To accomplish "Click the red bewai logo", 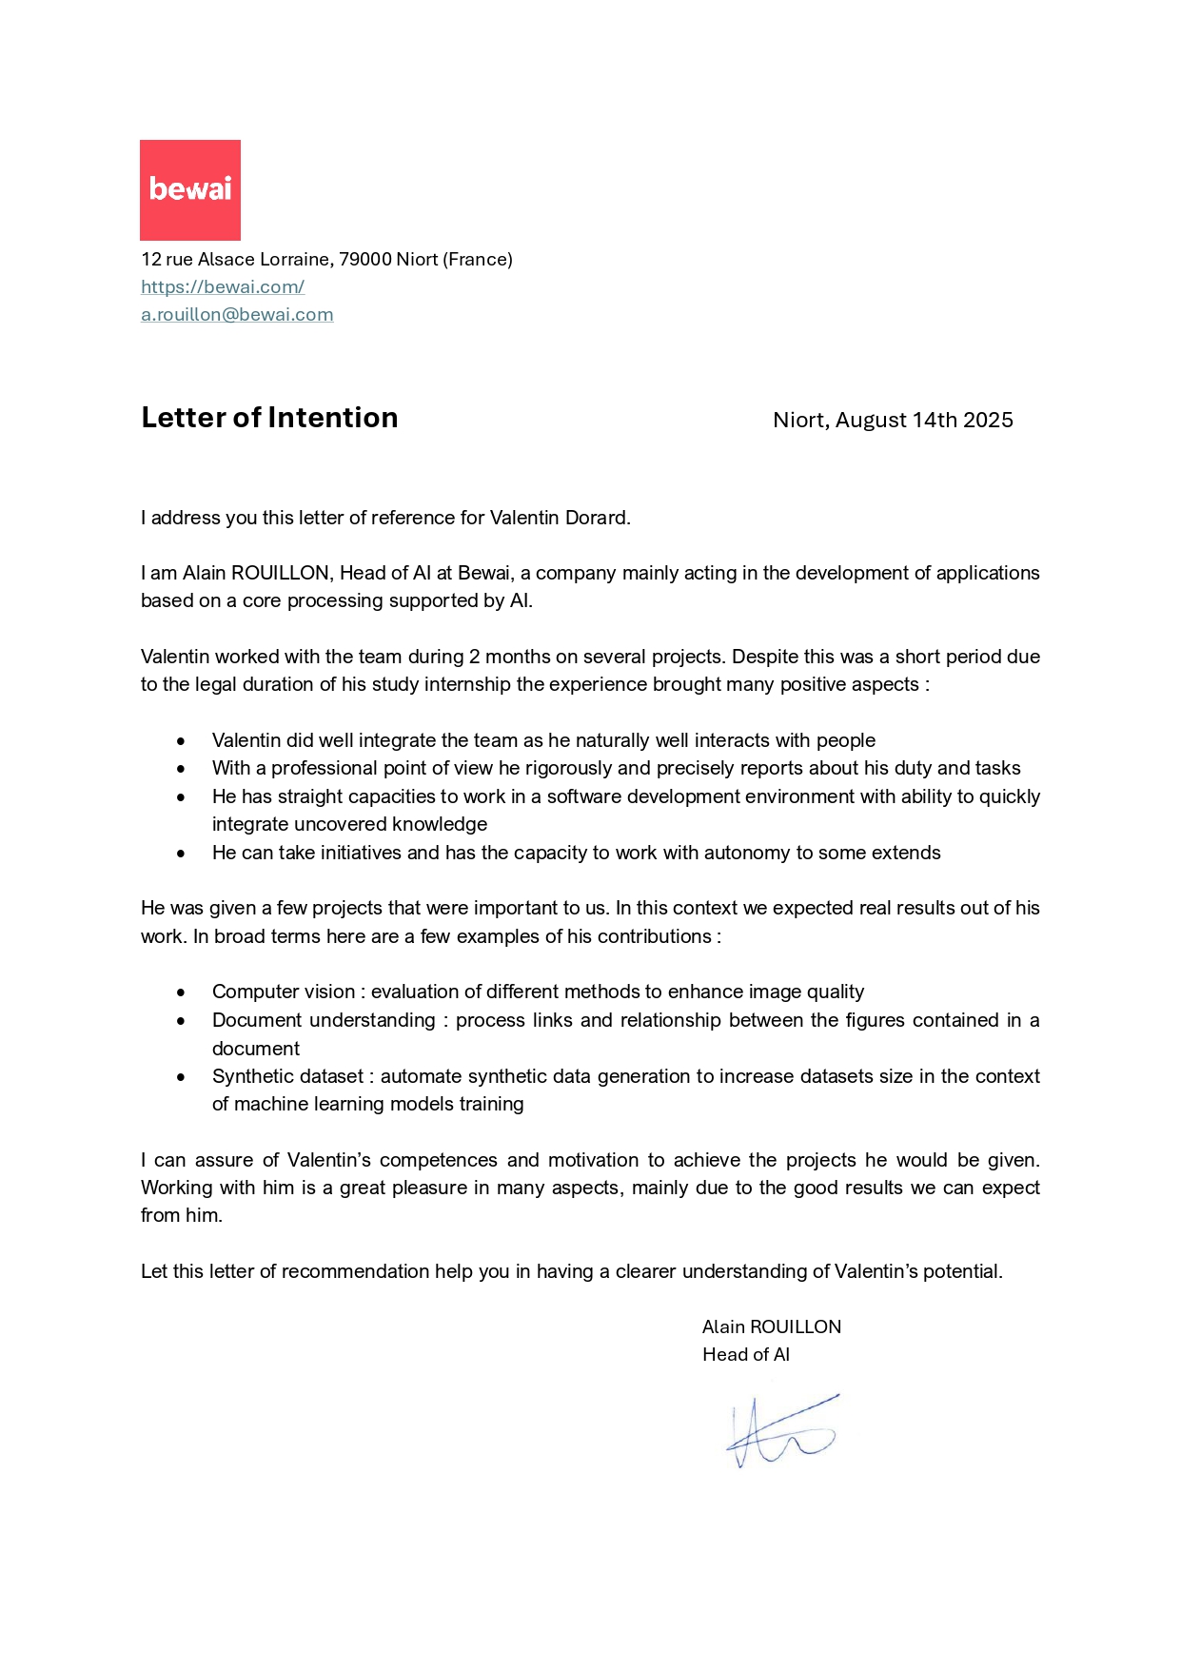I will (x=189, y=189).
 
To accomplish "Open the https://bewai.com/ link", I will (x=223, y=286).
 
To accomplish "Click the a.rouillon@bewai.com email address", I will (x=237, y=314).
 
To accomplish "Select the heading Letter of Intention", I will (x=269, y=418).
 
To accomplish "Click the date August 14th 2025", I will (x=923, y=420).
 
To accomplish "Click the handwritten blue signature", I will (x=780, y=1431).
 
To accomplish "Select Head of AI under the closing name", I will (x=745, y=1354).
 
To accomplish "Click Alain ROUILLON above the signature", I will (x=771, y=1326).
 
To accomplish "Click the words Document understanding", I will (x=323, y=1020).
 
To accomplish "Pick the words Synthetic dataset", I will (x=287, y=1076).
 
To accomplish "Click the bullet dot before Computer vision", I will (x=181, y=992).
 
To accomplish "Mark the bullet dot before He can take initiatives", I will (x=181, y=854).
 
